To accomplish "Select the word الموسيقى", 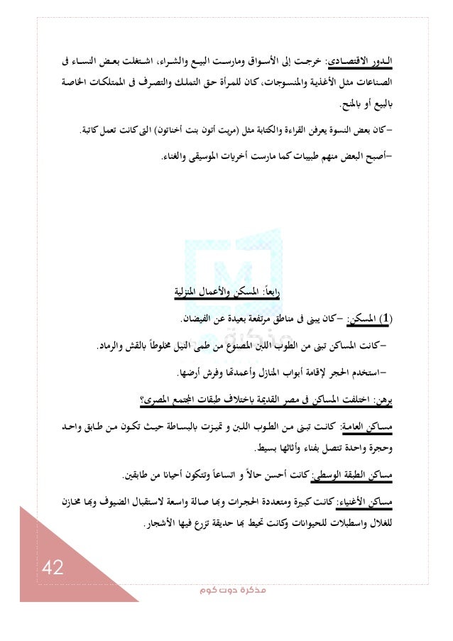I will click(x=209, y=152).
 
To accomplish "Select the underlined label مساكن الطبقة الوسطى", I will click(x=354, y=473).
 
